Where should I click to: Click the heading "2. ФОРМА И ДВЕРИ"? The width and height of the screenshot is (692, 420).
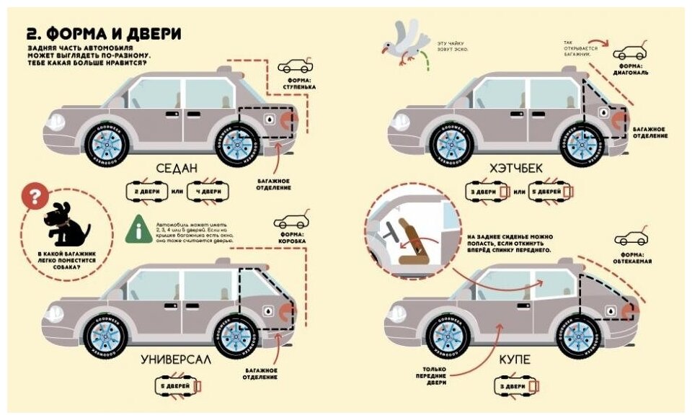[102, 34]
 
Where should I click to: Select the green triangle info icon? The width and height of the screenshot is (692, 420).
[135, 229]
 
